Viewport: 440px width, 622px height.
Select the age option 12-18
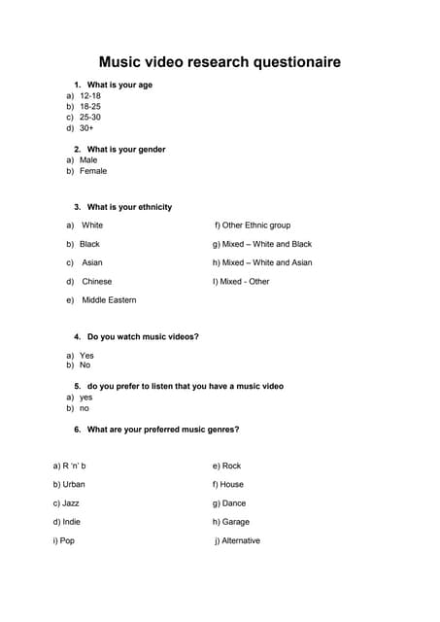click(x=89, y=96)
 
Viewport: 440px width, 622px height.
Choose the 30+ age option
click(x=86, y=127)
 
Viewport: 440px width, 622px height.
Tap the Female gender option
click(x=93, y=171)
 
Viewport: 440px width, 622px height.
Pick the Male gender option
click(x=88, y=160)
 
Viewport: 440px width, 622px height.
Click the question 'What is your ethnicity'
click(x=129, y=207)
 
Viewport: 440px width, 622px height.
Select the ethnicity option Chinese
click(x=96, y=282)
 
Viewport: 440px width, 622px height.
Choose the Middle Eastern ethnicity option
click(x=109, y=300)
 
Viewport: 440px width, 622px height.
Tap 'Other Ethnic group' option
click(x=256, y=225)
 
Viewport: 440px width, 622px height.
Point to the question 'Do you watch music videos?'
click(x=143, y=336)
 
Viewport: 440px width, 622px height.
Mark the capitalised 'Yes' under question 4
click(x=86, y=356)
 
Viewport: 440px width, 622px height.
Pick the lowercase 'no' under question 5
click(x=85, y=408)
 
